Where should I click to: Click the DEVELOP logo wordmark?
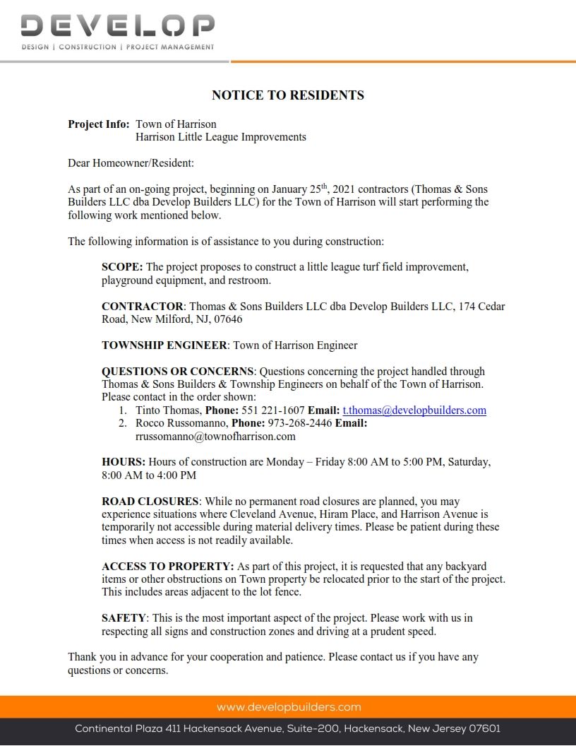[117, 27]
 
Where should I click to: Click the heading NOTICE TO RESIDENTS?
[288, 95]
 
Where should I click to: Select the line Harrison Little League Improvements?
[221, 137]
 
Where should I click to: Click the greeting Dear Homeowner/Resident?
[131, 163]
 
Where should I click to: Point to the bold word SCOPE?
[122, 267]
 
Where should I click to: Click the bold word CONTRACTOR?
[143, 307]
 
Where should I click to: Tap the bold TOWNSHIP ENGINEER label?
[164, 345]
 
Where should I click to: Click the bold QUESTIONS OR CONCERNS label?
[178, 372]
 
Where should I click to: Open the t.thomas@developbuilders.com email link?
[414, 410]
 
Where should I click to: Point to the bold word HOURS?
[124, 462]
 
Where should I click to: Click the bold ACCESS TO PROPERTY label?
[168, 567]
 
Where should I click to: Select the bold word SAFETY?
[124, 618]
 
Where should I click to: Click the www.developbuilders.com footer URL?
[289, 707]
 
